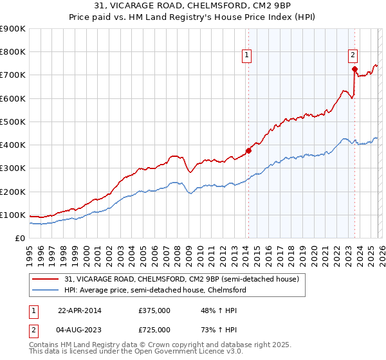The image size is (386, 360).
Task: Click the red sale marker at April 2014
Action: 248,150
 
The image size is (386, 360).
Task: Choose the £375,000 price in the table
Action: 154,310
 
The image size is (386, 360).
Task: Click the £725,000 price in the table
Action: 154,329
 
